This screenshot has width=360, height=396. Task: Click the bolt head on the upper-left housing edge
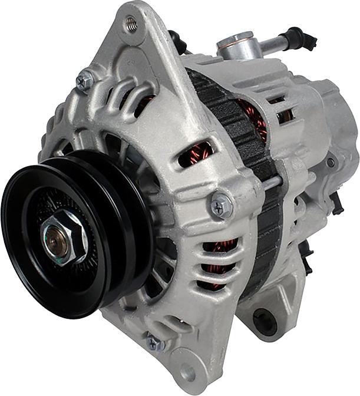pos(85,80)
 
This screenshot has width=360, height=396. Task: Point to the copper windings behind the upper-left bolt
pos(144,103)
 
